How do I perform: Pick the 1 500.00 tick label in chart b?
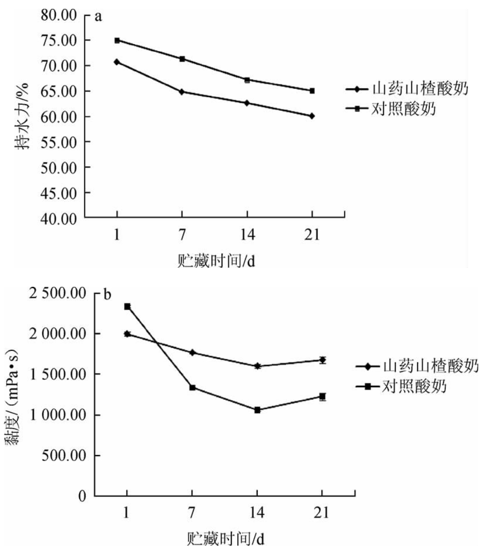click(58, 374)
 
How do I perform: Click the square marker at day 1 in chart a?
click(117, 40)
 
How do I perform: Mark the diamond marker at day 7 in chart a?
click(182, 92)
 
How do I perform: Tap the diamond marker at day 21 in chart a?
click(312, 116)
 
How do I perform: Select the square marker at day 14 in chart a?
click(247, 80)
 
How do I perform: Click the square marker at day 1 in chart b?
click(127, 306)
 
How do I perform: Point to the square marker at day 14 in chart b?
click(257, 410)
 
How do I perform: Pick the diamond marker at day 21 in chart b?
click(322, 360)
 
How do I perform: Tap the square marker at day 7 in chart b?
click(192, 388)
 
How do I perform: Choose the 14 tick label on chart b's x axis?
click(257, 513)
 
